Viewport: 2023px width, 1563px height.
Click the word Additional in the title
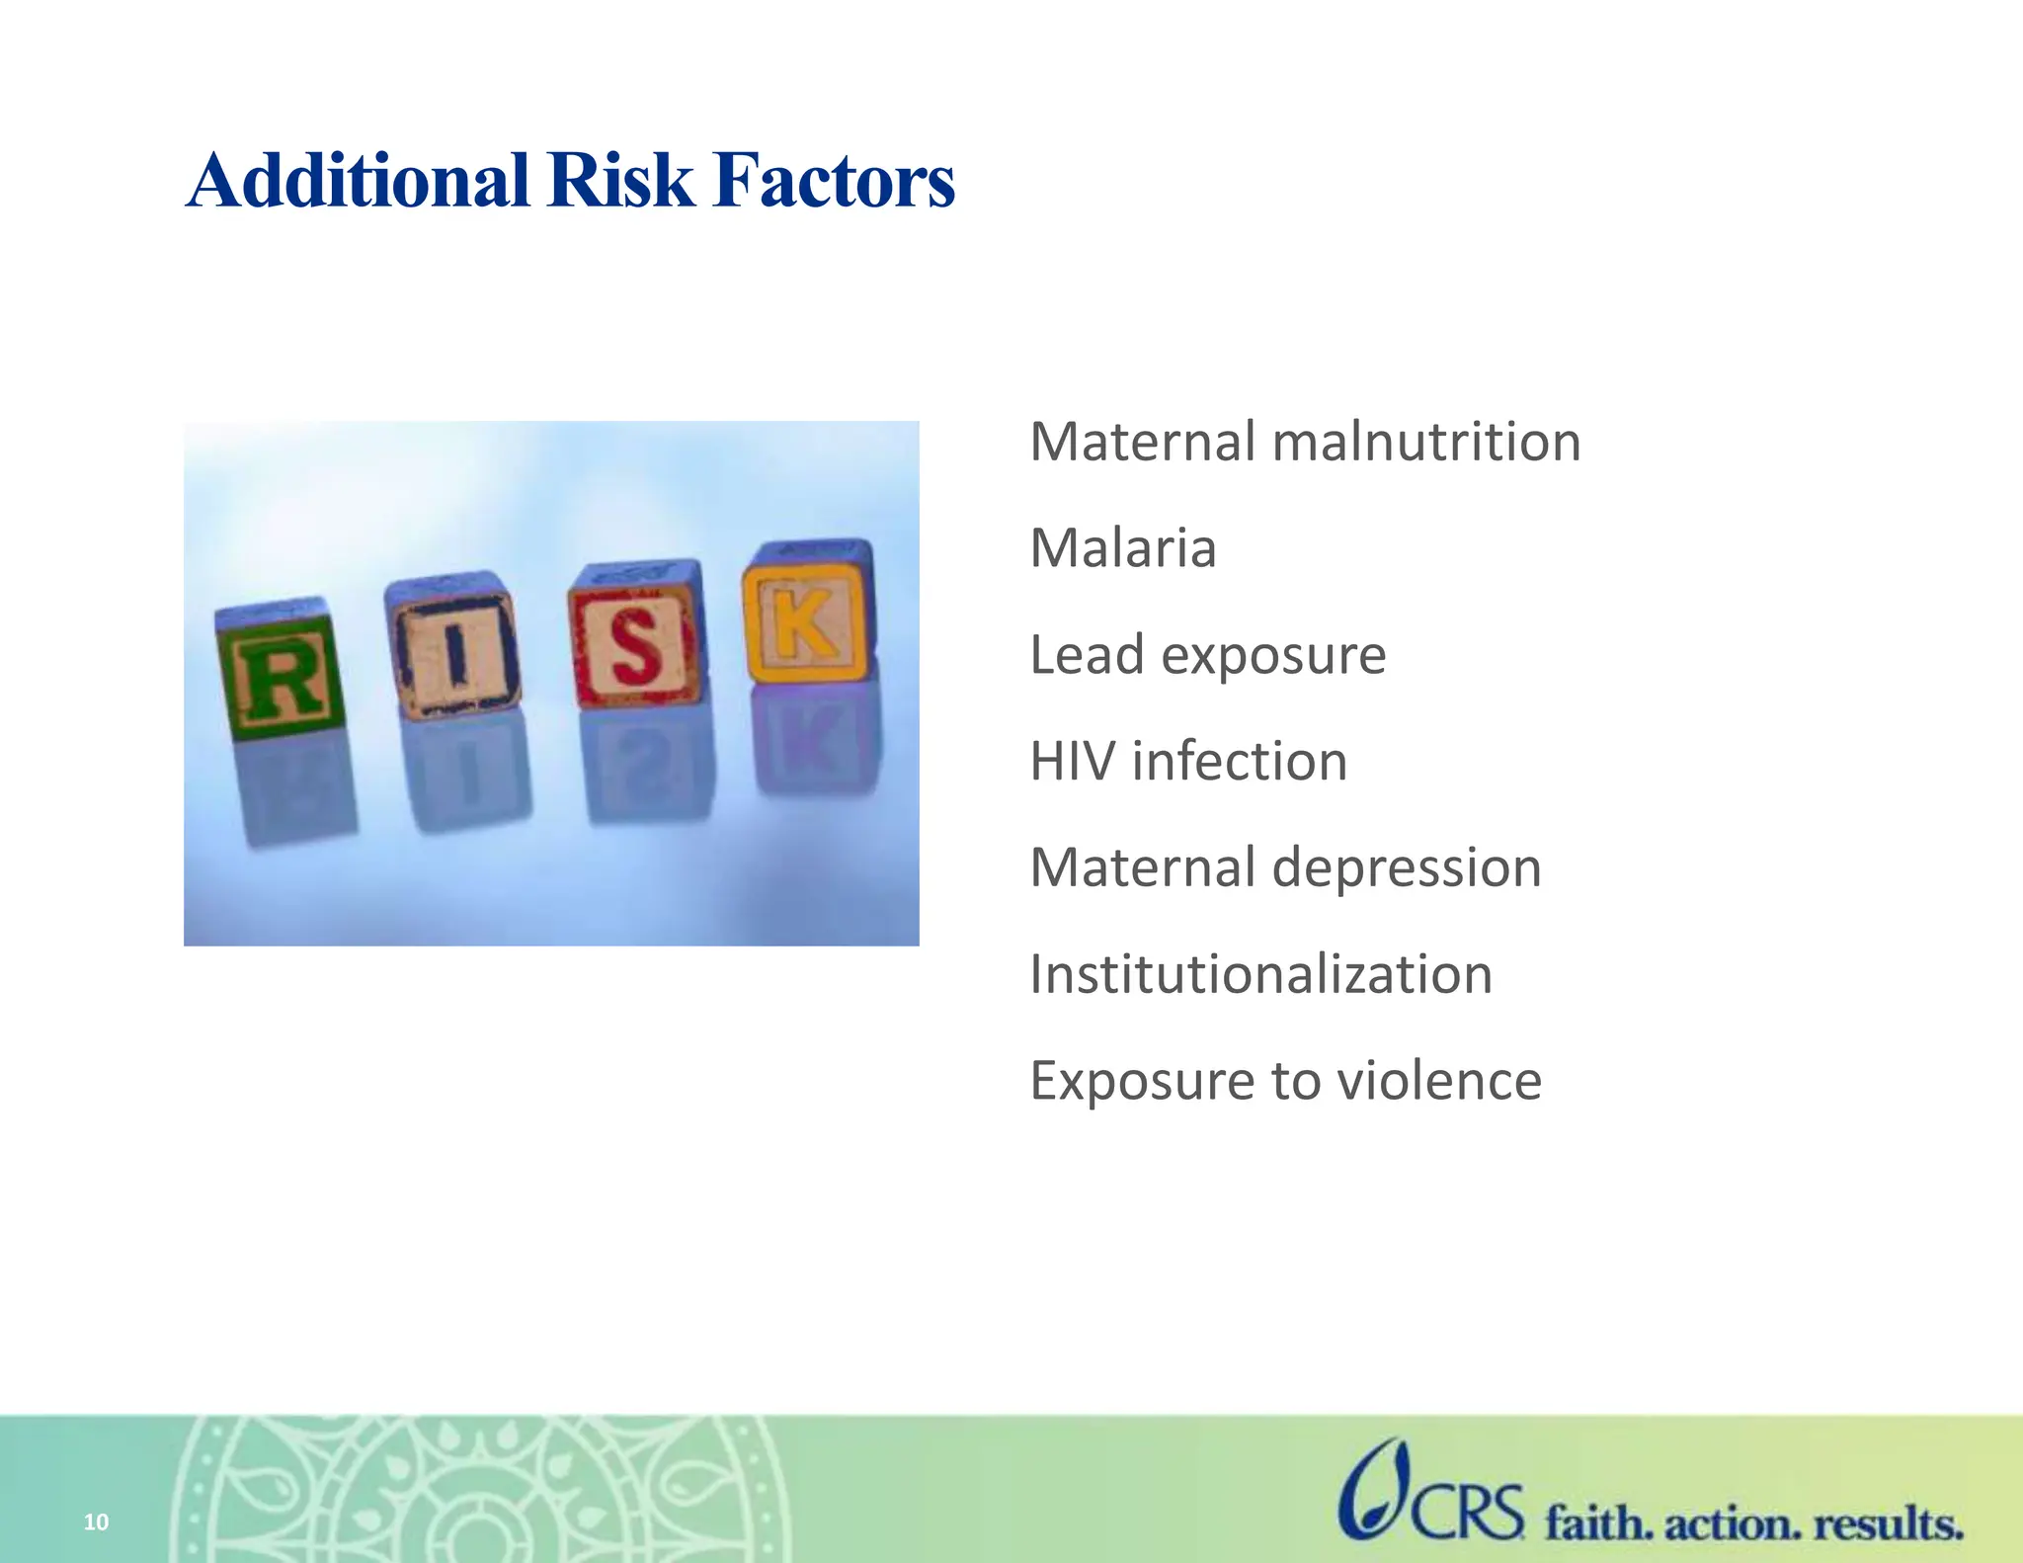point(358,181)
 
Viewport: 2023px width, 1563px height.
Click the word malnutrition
point(1426,442)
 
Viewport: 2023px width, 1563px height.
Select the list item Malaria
point(1122,548)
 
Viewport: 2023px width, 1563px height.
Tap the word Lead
point(1087,655)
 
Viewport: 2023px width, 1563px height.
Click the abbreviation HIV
point(1072,762)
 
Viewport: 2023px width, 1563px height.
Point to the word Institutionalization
point(1260,975)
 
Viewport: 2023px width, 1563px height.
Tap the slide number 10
point(96,1522)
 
